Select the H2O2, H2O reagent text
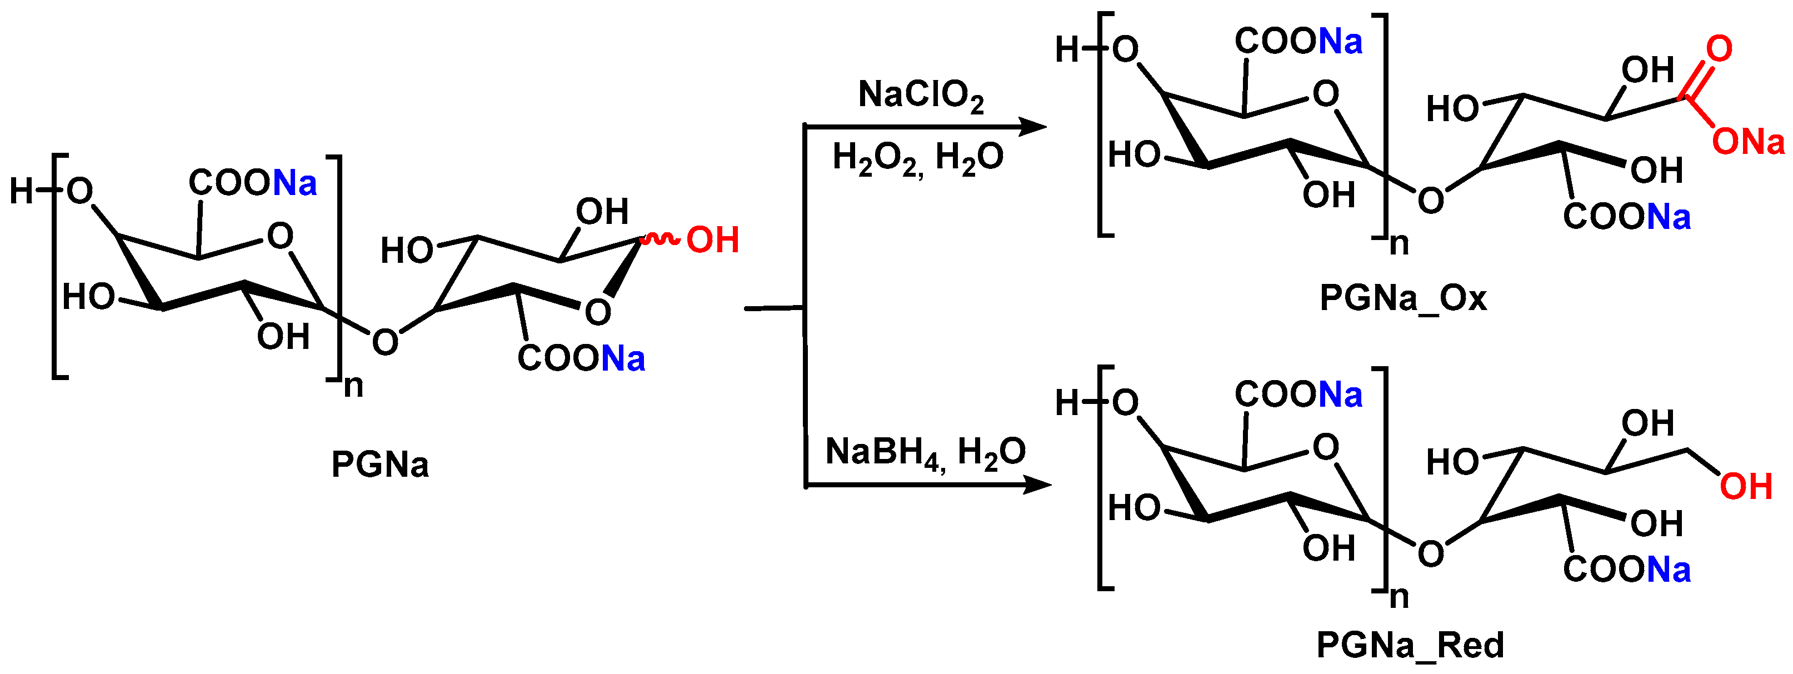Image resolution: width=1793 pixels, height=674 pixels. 917,157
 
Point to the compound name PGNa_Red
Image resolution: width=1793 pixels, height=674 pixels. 1410,645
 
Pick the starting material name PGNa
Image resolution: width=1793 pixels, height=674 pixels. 379,465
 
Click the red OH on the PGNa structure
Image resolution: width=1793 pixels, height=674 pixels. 712,240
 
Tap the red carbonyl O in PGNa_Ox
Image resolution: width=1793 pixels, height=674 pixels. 1719,49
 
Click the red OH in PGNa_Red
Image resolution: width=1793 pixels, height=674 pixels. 1746,487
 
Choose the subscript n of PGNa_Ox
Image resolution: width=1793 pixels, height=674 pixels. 1399,244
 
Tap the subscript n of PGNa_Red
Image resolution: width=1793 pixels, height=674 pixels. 1399,597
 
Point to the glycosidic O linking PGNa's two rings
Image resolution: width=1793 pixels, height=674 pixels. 385,342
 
